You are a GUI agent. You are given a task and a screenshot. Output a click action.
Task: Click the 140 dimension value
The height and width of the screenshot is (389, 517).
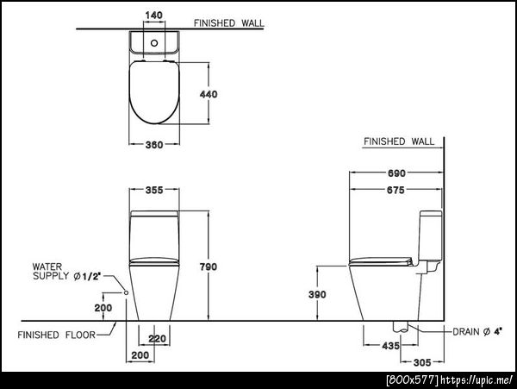[x=154, y=16]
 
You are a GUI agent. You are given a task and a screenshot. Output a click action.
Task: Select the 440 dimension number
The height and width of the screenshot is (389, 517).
[x=209, y=94]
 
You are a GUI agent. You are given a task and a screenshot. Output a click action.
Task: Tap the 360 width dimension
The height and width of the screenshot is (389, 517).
[x=154, y=145]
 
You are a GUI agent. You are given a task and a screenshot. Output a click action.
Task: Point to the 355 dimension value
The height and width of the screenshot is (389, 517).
[x=154, y=190]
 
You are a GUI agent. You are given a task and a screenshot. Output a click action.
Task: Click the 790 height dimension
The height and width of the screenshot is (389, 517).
[x=209, y=267]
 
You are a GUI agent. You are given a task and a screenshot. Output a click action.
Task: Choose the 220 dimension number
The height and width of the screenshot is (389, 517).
[x=158, y=339]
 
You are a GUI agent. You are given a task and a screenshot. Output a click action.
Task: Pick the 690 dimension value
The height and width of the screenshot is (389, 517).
[x=396, y=173]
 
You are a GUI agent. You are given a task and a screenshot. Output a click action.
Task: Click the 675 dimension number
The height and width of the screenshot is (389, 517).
[x=396, y=191]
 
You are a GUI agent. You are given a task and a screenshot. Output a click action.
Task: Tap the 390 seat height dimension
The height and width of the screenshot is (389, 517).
[x=317, y=294]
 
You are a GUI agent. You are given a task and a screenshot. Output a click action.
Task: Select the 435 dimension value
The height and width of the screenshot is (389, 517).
[x=390, y=346]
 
